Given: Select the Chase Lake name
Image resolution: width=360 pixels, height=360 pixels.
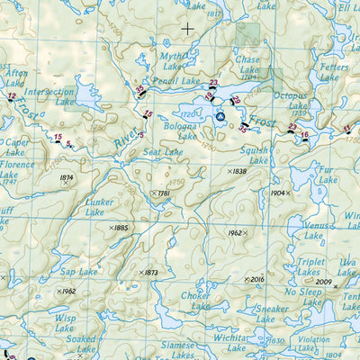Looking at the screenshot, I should (247, 62).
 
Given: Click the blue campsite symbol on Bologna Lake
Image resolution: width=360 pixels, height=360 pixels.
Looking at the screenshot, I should (220, 115).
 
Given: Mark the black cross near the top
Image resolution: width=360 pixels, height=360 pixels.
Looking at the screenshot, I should (187, 28).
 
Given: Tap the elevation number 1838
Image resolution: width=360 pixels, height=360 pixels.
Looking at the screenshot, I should (238, 171).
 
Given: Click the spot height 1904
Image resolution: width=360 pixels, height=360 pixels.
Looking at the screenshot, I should (278, 193).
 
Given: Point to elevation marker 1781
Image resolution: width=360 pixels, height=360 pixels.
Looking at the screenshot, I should (163, 193).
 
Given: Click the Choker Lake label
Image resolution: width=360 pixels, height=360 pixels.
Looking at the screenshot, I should (196, 300).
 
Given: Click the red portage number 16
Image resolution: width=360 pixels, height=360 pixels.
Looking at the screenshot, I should (305, 135).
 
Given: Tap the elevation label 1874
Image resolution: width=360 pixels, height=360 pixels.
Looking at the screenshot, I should (66, 177).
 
